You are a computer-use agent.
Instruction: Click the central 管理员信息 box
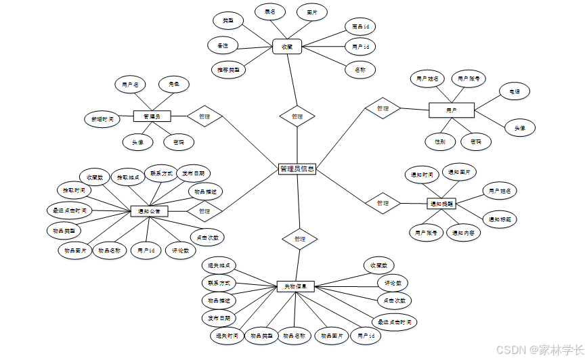pos(297,169)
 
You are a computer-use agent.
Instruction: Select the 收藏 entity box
pos(286,47)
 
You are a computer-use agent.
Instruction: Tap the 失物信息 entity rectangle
pos(295,286)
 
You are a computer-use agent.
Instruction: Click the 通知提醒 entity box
pos(441,202)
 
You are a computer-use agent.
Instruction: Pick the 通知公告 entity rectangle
pos(148,212)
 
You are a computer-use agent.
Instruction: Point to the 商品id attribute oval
pos(360,27)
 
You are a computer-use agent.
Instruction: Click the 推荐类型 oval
pos(227,69)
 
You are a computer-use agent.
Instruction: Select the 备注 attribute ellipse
pos(223,46)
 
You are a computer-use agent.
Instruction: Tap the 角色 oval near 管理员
pos(173,85)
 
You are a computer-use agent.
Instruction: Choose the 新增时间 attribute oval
pos(102,118)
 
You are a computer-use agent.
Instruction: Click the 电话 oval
pos(514,91)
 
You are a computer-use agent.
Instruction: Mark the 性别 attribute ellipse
pos(440,141)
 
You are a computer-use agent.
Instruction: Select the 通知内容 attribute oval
pos(464,233)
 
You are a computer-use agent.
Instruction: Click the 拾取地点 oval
pos(127,177)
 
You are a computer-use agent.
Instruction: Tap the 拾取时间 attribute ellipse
pos(70,190)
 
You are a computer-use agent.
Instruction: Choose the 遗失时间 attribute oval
pos(225,336)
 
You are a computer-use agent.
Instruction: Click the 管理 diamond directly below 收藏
pos(297,116)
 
